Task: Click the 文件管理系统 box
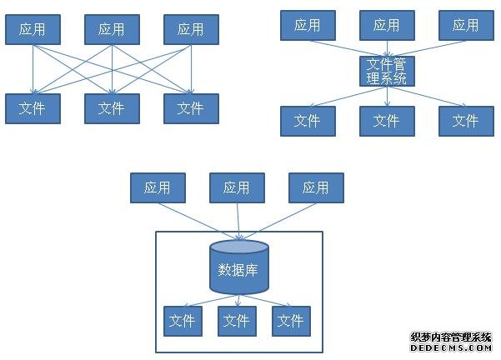point(387,71)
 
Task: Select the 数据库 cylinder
point(239,267)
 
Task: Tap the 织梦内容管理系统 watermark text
point(451,337)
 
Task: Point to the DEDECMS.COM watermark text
point(451,348)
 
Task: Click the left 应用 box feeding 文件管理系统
point(308,25)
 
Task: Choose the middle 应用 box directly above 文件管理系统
point(387,25)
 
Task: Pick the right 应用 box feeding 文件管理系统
point(466,25)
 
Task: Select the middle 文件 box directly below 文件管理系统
point(387,121)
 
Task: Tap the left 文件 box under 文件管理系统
point(308,121)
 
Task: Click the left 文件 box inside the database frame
point(183,321)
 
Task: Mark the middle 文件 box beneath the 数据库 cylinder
point(237,321)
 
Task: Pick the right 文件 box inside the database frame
point(291,321)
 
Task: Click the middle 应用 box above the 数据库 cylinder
point(237,187)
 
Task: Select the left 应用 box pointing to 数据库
point(158,187)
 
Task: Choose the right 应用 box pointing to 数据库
point(316,187)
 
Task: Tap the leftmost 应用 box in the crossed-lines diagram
point(33,29)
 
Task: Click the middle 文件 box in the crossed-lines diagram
point(112,108)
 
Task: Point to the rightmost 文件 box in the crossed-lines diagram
point(191,108)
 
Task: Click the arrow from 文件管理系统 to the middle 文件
point(387,96)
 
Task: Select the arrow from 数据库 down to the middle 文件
point(238,300)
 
